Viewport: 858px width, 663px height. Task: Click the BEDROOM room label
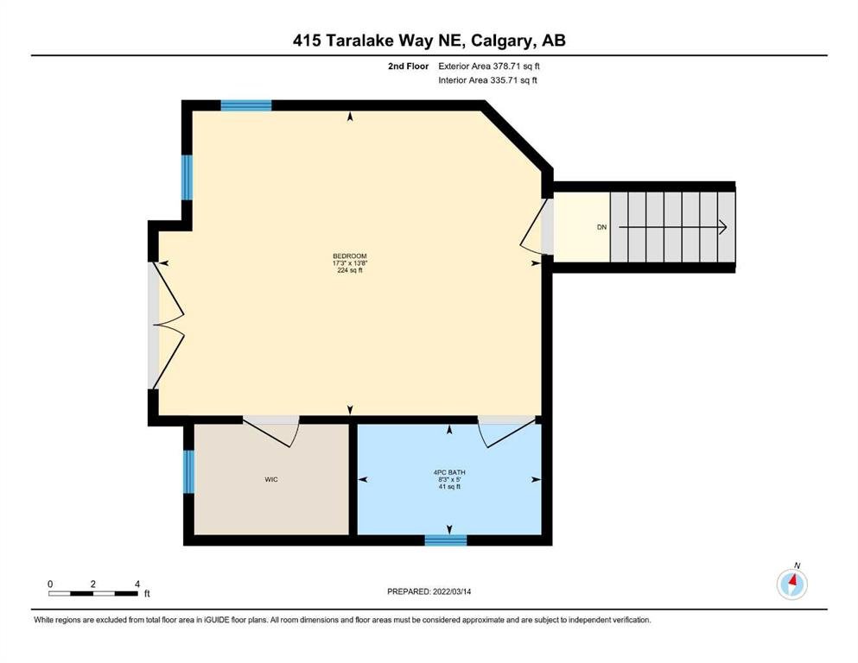pos(350,256)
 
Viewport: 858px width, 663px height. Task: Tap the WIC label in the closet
pos(271,479)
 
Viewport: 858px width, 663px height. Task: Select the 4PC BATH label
pos(449,472)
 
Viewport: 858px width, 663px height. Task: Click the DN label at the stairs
pos(602,227)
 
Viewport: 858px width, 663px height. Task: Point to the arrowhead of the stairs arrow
pos(723,227)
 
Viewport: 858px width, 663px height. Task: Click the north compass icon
pos(791,584)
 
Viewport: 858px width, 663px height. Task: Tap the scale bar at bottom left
pos(93,593)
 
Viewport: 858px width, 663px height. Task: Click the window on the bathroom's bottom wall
pos(446,540)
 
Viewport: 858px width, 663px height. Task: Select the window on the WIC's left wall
pos(188,471)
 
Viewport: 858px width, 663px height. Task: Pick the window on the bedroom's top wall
pos(246,105)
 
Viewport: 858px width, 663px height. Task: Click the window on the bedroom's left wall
pos(187,178)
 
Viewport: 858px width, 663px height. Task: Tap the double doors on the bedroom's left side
pos(168,325)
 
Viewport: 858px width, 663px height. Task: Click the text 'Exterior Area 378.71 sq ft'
pos(489,66)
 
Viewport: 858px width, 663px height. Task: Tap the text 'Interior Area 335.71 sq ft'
pos(487,80)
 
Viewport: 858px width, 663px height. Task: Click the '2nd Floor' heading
pos(408,66)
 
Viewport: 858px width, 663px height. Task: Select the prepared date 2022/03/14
pos(452,591)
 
